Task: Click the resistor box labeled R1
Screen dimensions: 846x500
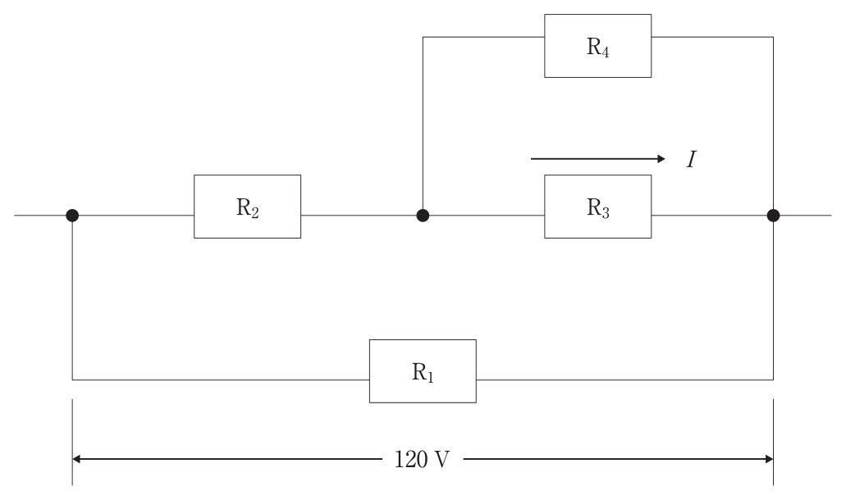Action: pos(423,371)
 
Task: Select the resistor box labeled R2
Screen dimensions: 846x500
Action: pos(247,207)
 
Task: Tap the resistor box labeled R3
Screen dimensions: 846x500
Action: pos(598,207)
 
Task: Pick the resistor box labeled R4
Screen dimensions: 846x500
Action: pos(598,46)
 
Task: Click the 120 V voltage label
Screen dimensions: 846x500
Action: pos(422,460)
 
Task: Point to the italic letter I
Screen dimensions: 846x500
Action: pos(692,160)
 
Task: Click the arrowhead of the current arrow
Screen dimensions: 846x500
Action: pos(661,159)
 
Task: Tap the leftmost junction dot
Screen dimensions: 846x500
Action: pos(72,216)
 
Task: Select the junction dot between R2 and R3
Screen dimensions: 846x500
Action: pos(423,216)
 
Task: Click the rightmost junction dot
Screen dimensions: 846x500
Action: pos(773,216)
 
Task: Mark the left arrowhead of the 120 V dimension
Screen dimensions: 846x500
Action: pos(76,459)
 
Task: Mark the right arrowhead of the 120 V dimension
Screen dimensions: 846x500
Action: pos(769,459)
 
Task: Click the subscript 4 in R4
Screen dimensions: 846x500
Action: pos(606,52)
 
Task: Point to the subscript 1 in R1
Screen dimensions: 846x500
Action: pos(430,377)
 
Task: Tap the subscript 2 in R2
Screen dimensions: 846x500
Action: pos(254,212)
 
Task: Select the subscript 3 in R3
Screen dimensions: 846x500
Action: pos(606,212)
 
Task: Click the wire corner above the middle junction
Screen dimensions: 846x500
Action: pos(423,37)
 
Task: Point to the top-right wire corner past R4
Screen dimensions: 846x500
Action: pos(773,37)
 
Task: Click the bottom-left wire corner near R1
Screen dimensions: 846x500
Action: pos(72,380)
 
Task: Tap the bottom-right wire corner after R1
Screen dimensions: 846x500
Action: pos(773,380)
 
